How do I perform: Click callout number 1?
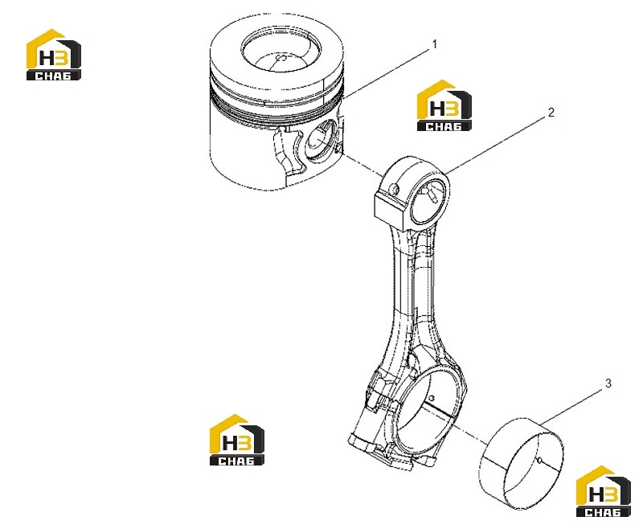435,44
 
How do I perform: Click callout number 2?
551,113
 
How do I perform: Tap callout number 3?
608,383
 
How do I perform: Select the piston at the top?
276,103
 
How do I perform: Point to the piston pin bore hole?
321,140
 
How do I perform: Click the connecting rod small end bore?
428,202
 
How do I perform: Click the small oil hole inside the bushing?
539,461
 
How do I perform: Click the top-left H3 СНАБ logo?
54,55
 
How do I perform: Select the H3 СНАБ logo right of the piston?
444,105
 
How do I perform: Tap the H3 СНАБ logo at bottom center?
237,440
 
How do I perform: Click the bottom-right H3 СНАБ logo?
604,491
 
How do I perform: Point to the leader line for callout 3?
572,407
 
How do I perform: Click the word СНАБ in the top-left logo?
53,76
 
